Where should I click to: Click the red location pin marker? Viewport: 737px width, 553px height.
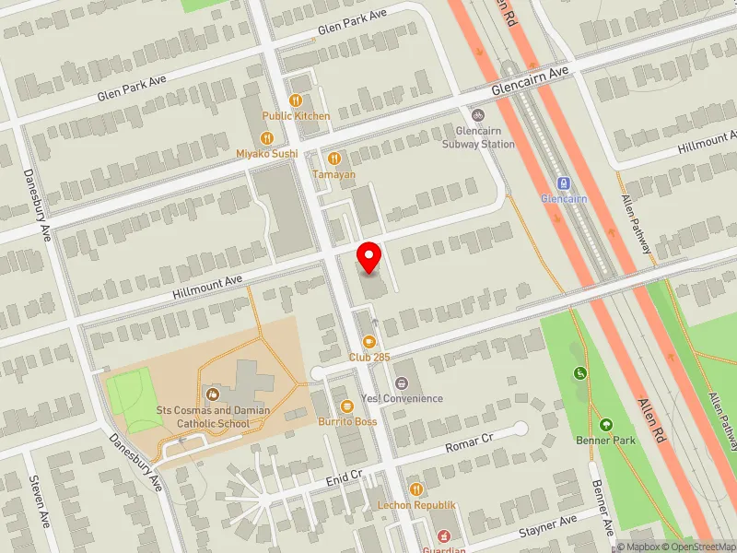pos(369,256)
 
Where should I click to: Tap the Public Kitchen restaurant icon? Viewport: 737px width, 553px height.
pos(296,100)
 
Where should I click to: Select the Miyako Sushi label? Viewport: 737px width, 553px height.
pos(267,154)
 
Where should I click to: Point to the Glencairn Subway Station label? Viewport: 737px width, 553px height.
pos(478,138)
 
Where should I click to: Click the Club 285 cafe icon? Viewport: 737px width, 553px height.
pos(370,341)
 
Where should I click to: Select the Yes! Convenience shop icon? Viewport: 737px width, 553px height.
pos(401,382)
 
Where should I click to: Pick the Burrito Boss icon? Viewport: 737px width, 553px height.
pos(347,406)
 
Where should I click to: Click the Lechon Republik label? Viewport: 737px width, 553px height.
pos(416,505)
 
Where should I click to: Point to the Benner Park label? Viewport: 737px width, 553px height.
pos(612,441)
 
